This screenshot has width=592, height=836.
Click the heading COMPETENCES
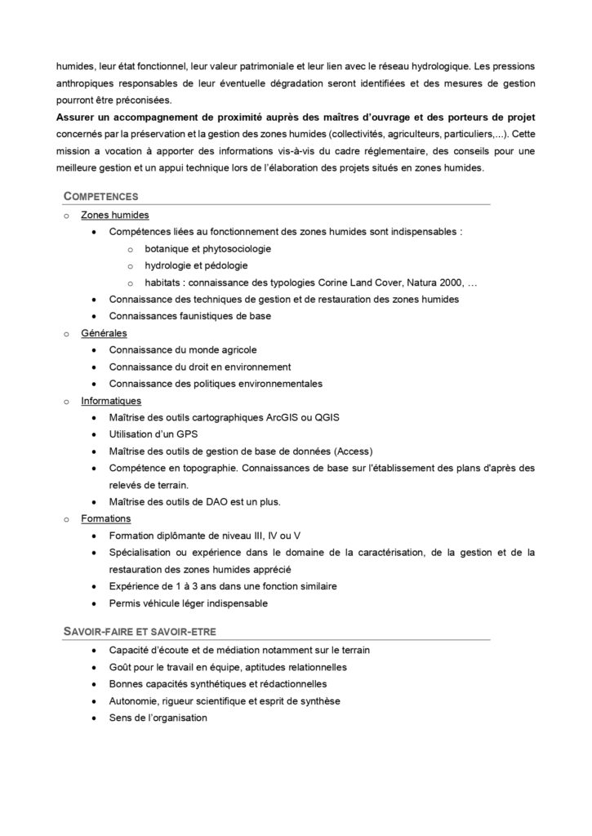(101, 197)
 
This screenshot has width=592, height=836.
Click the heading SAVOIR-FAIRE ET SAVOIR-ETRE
(140, 632)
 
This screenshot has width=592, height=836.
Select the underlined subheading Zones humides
(115, 216)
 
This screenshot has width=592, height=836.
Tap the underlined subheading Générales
(104, 333)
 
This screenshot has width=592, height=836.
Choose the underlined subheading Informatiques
(111, 401)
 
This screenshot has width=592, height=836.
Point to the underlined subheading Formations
(106, 518)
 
